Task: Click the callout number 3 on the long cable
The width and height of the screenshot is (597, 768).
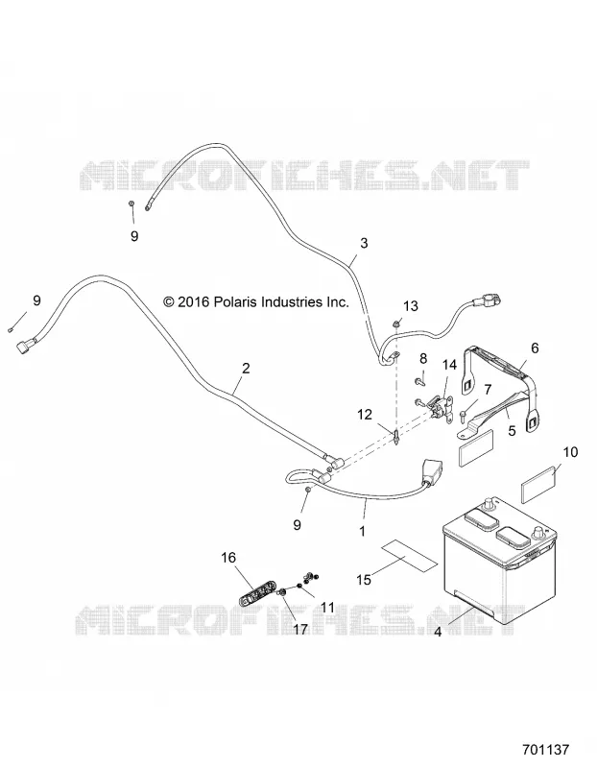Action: tap(364, 243)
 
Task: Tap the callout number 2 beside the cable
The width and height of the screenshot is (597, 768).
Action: tap(246, 368)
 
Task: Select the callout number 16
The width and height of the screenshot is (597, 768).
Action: tap(228, 558)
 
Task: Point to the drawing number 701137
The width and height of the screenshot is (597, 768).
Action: tap(545, 750)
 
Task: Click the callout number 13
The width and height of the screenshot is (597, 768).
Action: tap(411, 306)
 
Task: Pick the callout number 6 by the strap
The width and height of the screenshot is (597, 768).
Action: tap(535, 348)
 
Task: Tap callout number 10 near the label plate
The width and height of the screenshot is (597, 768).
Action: tap(570, 452)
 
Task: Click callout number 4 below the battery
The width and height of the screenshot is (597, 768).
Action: tap(438, 633)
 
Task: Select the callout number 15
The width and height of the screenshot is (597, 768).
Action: tap(364, 580)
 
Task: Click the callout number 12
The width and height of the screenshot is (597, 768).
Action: tap(365, 415)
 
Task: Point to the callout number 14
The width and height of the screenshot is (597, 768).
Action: tap(449, 365)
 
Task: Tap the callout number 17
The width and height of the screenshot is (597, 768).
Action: tap(300, 629)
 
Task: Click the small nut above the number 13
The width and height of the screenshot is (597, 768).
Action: tap(395, 324)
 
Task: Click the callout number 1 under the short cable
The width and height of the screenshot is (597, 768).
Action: tap(363, 532)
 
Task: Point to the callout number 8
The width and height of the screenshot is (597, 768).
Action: tap(423, 359)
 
